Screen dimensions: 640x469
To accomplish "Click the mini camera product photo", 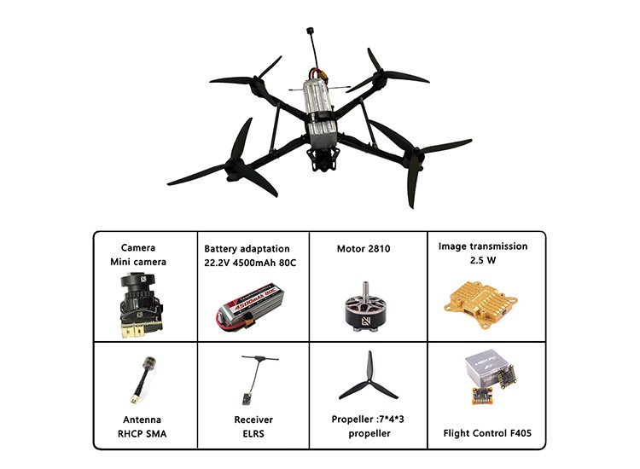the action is pyautogui.click(x=140, y=305).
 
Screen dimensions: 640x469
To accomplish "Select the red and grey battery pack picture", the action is pyautogui.click(x=250, y=307).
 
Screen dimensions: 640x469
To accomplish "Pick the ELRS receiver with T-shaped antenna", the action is pyautogui.click(x=256, y=380).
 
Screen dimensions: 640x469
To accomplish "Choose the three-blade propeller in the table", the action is pyautogui.click(x=369, y=377).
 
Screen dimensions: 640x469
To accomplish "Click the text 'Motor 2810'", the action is pyautogui.click(x=364, y=249).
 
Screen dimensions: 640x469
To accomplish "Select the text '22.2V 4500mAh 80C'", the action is pyautogui.click(x=250, y=263).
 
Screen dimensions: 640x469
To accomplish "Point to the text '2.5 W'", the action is pyautogui.click(x=483, y=260).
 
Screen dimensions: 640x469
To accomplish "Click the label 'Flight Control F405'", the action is pyautogui.click(x=487, y=433).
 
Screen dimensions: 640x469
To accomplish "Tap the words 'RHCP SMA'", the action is pyautogui.click(x=142, y=433).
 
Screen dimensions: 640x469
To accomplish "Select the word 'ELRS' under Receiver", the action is pyautogui.click(x=253, y=433).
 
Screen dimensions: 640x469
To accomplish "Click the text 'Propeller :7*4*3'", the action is pyautogui.click(x=368, y=420).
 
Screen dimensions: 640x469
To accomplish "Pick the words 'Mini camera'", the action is pyautogui.click(x=138, y=262).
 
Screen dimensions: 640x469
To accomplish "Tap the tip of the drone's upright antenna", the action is pyautogui.click(x=310, y=30).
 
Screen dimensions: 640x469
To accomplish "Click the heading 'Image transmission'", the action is pyautogui.click(x=483, y=246).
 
